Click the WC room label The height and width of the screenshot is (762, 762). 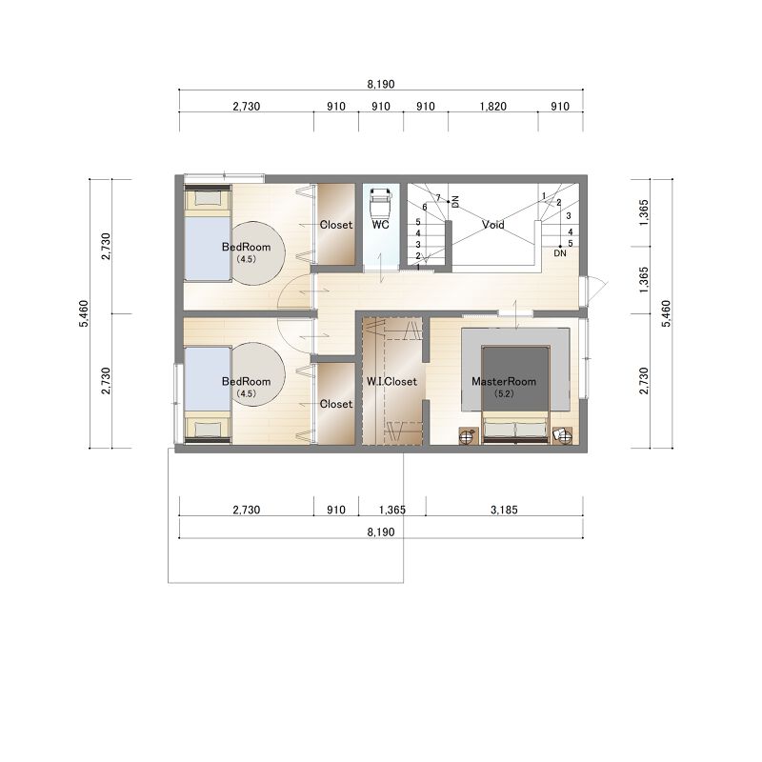pyautogui.click(x=380, y=225)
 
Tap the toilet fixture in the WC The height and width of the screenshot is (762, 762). pyautogui.click(x=380, y=204)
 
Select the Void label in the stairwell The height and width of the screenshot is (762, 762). pyautogui.click(x=492, y=225)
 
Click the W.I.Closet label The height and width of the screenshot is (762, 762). pyautogui.click(x=391, y=382)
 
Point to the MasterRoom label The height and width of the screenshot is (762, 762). pyautogui.click(x=504, y=382)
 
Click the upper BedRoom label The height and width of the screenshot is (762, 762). pyautogui.click(x=246, y=247)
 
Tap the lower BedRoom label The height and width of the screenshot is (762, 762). pyautogui.click(x=246, y=382)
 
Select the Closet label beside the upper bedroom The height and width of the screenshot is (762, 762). pyautogui.click(x=336, y=225)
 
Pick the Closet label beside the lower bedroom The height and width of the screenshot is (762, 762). pyautogui.click(x=336, y=404)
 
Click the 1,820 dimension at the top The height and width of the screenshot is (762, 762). pyautogui.click(x=492, y=107)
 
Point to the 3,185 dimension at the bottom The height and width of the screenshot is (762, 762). pyautogui.click(x=504, y=510)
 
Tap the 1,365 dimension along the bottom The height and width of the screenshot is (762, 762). pyautogui.click(x=392, y=510)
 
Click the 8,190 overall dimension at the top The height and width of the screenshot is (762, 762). pyautogui.click(x=381, y=84)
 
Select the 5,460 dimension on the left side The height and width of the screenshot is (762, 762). pyautogui.click(x=84, y=313)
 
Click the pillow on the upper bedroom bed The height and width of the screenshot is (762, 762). pyautogui.click(x=208, y=198)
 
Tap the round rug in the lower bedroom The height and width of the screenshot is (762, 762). pyautogui.click(x=257, y=374)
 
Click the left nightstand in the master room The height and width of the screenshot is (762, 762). pyautogui.click(x=468, y=436)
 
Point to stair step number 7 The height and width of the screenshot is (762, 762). pyautogui.click(x=438, y=198)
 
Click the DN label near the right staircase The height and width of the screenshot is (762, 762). pyautogui.click(x=560, y=253)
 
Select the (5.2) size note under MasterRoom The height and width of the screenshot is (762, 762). pyautogui.click(x=504, y=394)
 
